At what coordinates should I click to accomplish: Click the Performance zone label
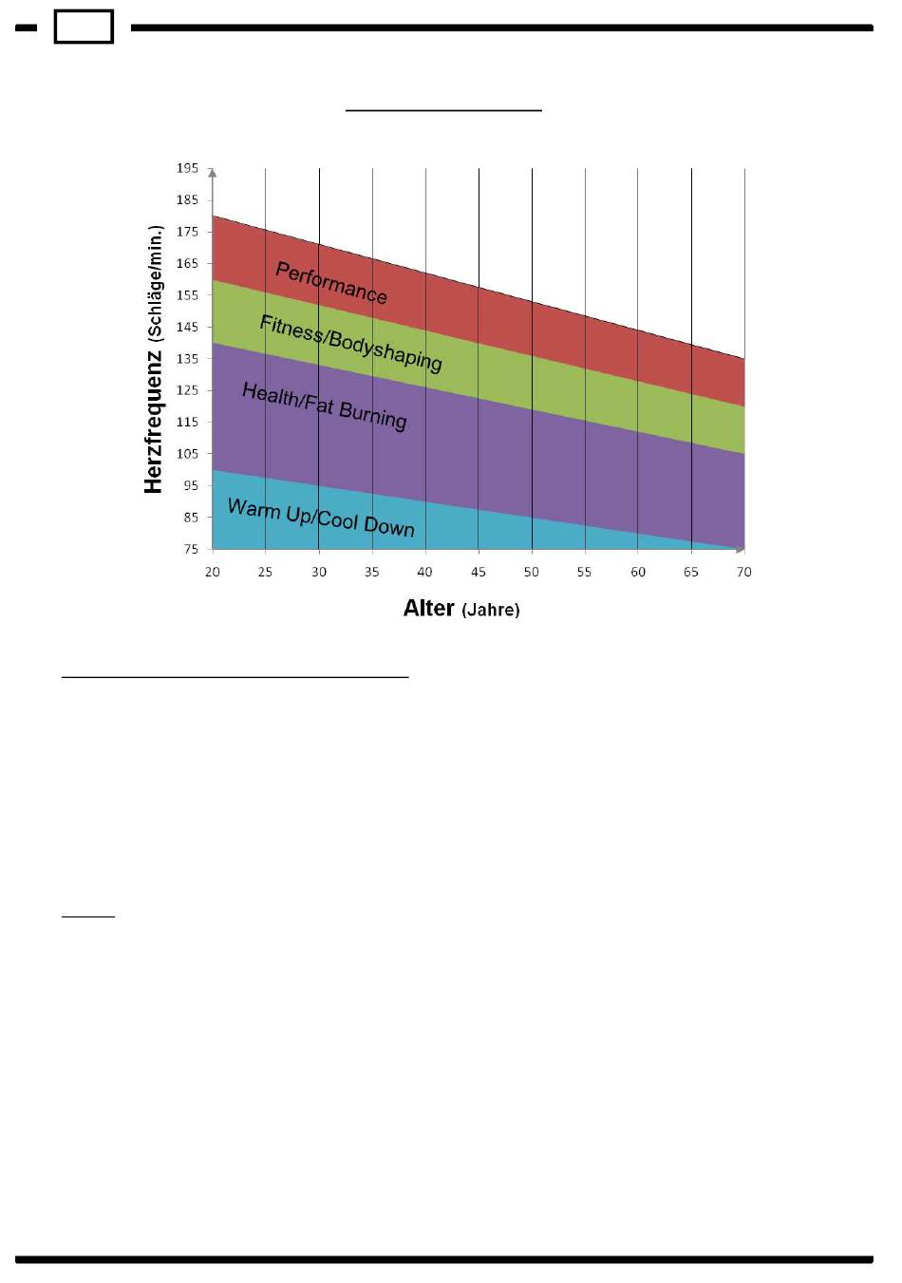pyautogui.click(x=331, y=283)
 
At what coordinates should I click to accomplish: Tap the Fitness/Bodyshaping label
pyautogui.click(x=350, y=343)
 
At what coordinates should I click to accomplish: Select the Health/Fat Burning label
pyautogui.click(x=324, y=406)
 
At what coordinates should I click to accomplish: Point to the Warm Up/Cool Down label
pyautogui.click(x=321, y=518)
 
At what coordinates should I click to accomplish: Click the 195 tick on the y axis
pyautogui.click(x=187, y=168)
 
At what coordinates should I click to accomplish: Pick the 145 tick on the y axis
pyautogui.click(x=187, y=327)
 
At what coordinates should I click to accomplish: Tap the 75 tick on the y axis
pyautogui.click(x=191, y=549)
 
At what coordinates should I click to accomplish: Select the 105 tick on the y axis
pyautogui.click(x=187, y=454)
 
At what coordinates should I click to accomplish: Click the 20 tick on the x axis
pyautogui.click(x=213, y=572)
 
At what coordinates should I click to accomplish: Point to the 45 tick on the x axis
pyautogui.click(x=479, y=572)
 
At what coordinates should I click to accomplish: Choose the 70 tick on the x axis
pyautogui.click(x=744, y=572)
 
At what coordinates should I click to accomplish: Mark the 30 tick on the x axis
pyautogui.click(x=319, y=572)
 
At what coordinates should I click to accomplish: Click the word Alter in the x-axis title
pyautogui.click(x=428, y=608)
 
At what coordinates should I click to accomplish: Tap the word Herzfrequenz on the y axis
pyautogui.click(x=154, y=423)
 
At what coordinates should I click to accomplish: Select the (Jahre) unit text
pyautogui.click(x=491, y=610)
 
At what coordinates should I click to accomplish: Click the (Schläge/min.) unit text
pyautogui.click(x=155, y=284)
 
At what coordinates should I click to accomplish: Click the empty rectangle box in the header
pyautogui.click(x=84, y=27)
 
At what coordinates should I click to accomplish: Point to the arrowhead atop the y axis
pyautogui.click(x=213, y=173)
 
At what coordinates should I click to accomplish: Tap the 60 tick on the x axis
pyautogui.click(x=638, y=572)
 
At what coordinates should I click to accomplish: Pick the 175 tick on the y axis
pyautogui.click(x=187, y=232)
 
